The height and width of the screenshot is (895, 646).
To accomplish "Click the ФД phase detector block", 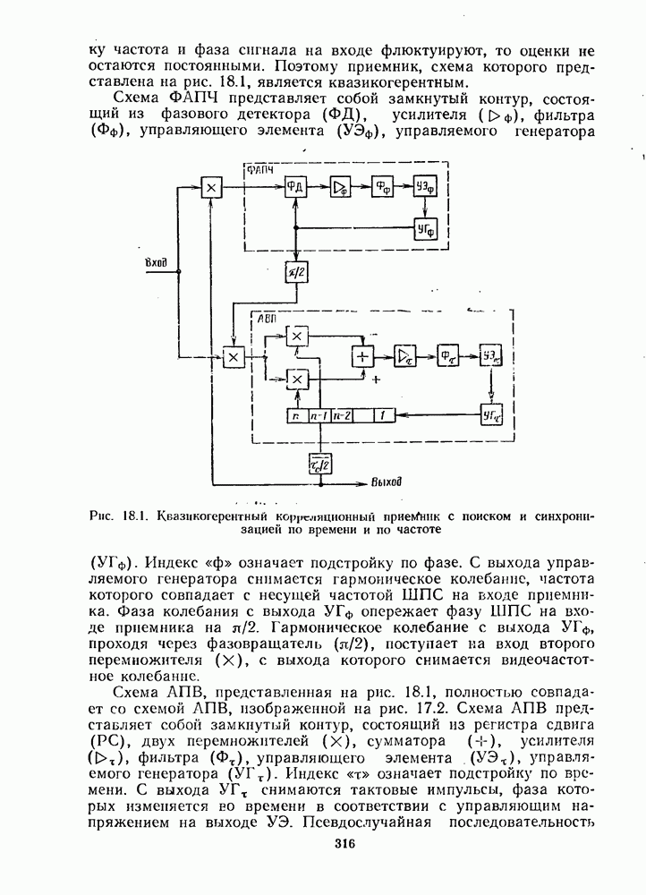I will tap(295, 187).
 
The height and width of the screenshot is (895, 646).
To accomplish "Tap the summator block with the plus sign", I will tap(362, 355).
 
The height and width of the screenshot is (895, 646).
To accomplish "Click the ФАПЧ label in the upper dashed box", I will tap(260, 169).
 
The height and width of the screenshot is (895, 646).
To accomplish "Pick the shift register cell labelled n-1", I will tap(319, 416).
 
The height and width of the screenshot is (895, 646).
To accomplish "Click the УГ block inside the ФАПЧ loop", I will tap(425, 228).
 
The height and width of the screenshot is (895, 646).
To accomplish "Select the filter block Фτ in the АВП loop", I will tap(448, 355).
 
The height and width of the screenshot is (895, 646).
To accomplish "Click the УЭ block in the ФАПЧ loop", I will tap(425, 187).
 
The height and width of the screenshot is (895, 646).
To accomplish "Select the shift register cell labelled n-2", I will tap(340, 416).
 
